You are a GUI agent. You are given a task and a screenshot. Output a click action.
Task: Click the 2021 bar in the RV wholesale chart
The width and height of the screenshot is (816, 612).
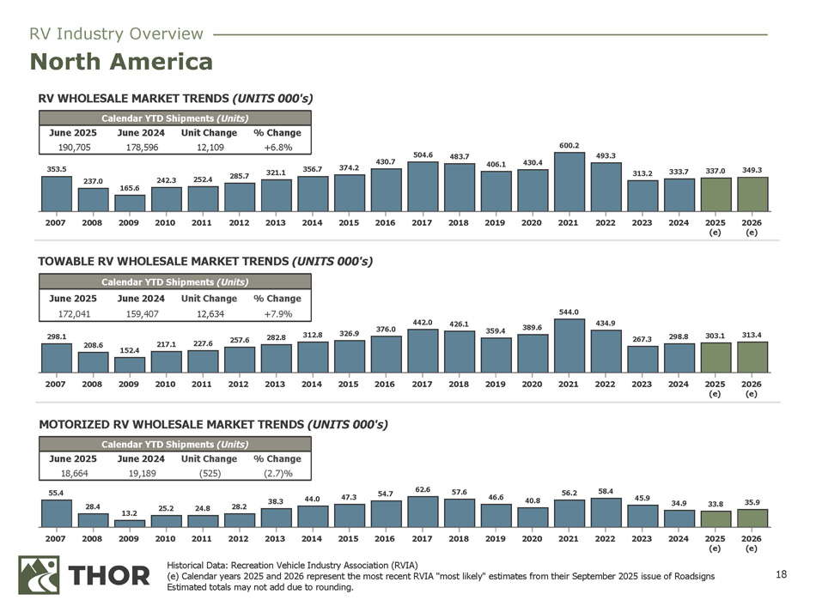pyautogui.click(x=569, y=182)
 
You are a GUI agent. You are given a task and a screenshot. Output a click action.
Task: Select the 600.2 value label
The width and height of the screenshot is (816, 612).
pyautogui.click(x=569, y=145)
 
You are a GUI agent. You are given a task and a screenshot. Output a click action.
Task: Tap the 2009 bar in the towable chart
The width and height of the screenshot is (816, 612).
pyautogui.click(x=130, y=365)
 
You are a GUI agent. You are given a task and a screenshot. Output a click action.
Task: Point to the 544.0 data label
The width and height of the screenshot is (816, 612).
pyautogui.click(x=569, y=312)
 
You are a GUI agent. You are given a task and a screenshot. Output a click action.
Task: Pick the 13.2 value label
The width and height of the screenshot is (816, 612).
pyautogui.click(x=130, y=513)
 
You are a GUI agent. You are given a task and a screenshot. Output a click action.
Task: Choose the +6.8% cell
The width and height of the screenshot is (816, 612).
pyautogui.click(x=277, y=147)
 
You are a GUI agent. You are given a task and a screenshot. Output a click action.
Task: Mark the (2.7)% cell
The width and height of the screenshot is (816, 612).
pyautogui.click(x=277, y=472)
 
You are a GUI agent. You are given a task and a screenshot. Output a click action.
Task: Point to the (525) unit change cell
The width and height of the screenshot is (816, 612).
pyautogui.click(x=209, y=472)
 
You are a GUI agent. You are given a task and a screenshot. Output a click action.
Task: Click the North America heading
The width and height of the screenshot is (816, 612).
pyautogui.click(x=121, y=62)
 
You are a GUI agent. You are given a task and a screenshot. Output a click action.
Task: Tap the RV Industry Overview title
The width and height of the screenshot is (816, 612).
pyautogui.click(x=116, y=34)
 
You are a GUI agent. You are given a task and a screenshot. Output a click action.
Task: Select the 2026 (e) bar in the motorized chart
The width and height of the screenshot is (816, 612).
pyautogui.click(x=752, y=518)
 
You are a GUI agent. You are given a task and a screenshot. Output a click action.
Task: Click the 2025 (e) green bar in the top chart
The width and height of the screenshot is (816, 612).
pyautogui.click(x=716, y=195)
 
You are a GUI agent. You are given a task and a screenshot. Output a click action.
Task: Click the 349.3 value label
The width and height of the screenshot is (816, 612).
pyautogui.click(x=752, y=170)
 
